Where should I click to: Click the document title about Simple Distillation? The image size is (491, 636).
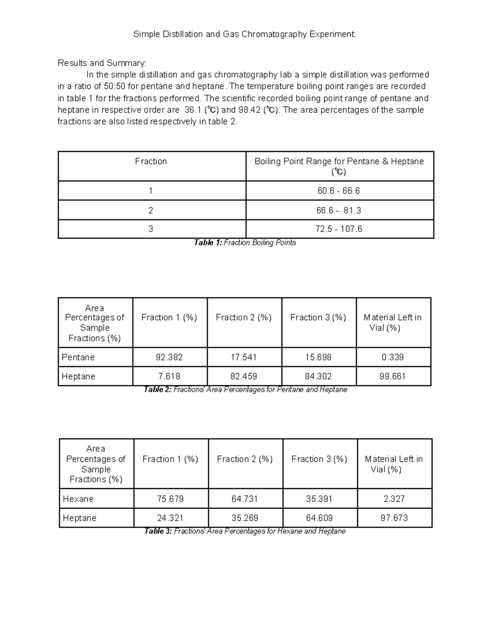tap(245, 34)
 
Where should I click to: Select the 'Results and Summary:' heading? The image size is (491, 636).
tap(101, 63)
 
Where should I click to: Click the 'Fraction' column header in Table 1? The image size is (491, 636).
tap(151, 162)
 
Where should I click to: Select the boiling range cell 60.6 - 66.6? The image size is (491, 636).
tap(339, 191)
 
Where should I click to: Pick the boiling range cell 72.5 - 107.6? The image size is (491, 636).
tap(339, 229)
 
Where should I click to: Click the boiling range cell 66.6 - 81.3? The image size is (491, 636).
tap(339, 210)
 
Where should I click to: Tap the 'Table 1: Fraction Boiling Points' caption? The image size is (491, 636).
tap(245, 243)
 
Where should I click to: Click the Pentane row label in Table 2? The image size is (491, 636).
tap(78, 358)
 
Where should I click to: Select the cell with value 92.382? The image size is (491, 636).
tap(169, 358)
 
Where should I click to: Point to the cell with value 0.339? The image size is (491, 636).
tap(393, 358)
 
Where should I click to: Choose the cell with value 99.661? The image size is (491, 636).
tap(393, 376)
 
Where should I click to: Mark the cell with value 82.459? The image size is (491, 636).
tap(244, 376)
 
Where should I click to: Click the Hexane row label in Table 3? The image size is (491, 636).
tap(78, 499)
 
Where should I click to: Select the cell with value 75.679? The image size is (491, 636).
tap(170, 499)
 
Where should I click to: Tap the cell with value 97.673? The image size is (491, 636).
tap(394, 518)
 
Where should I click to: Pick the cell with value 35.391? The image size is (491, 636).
tap(319, 499)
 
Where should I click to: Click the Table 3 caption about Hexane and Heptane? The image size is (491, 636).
tap(245, 532)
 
